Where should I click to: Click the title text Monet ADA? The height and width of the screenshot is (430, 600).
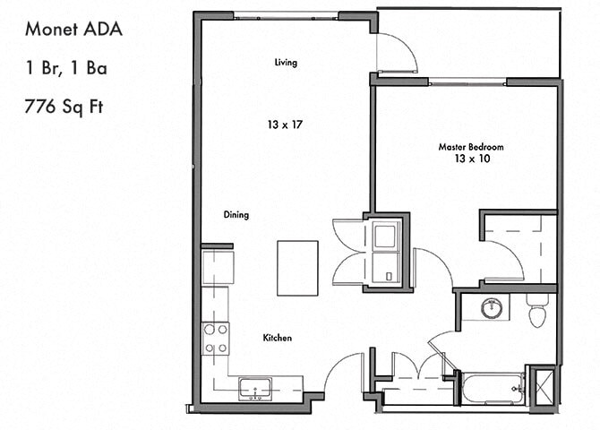pos(73,29)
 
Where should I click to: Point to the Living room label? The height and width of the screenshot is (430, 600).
pos(286,63)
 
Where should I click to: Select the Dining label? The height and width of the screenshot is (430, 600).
pos(236,215)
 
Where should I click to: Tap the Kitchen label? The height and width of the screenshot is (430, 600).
pos(277,338)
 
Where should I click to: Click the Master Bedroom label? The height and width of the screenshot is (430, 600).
pos(470,146)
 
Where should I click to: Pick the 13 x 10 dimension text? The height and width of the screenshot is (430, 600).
pos(470,159)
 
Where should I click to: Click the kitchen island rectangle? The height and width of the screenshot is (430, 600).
pos(298,267)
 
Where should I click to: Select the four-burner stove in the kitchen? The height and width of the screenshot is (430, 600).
pos(215,338)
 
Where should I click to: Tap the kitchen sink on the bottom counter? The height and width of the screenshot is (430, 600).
pos(256,389)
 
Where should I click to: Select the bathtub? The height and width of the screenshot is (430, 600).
pos(492,388)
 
